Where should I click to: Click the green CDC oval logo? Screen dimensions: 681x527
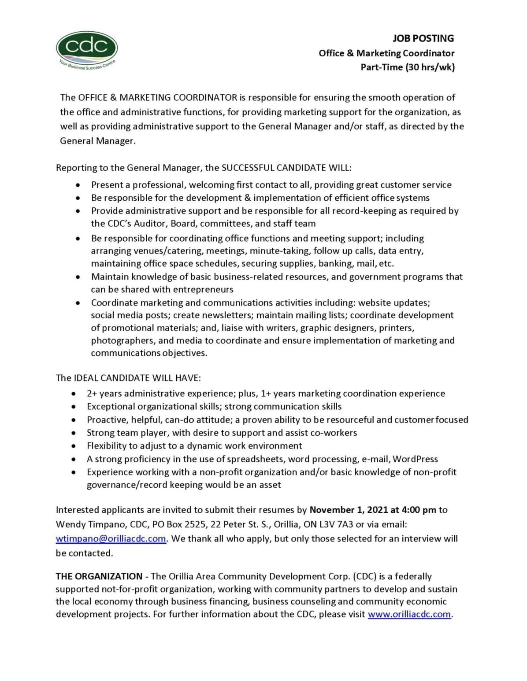pyautogui.click(x=87, y=46)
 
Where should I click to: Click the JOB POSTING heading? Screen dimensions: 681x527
pyautogui.click(x=423, y=38)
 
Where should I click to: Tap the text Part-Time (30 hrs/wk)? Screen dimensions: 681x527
pyautogui.click(x=407, y=67)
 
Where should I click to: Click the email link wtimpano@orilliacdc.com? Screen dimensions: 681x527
pyautogui.click(x=111, y=539)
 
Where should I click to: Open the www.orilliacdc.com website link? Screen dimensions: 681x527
pyautogui.click(x=409, y=614)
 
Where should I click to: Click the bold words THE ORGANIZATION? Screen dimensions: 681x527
pyautogui.click(x=99, y=576)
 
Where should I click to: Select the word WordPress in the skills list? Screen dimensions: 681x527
pyautogui.click(x=415, y=459)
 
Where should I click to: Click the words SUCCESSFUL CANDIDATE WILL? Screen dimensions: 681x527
pyautogui.click(x=286, y=168)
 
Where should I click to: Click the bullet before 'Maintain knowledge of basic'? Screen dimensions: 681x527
pyautogui.click(x=78, y=277)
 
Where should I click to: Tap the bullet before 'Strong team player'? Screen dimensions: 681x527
pyautogui.click(x=74, y=433)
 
